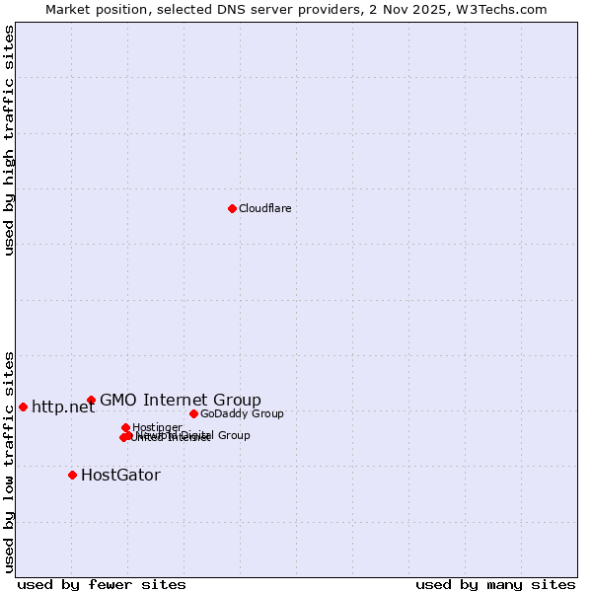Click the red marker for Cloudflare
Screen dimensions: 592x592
[x=232, y=208]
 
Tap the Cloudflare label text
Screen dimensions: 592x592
[x=264, y=208]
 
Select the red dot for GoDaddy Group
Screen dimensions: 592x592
[x=193, y=413]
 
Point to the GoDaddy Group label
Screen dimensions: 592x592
[x=242, y=413]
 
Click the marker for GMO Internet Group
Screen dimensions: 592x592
[x=91, y=400]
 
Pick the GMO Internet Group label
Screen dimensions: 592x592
[x=181, y=400]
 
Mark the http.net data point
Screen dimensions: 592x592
[x=23, y=407]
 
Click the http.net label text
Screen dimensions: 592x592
[x=63, y=407]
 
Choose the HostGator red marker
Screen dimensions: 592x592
[x=72, y=475]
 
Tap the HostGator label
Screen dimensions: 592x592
[x=120, y=475]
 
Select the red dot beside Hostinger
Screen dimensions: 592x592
[x=125, y=427]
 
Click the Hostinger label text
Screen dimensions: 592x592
[x=157, y=427]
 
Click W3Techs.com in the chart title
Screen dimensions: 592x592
[x=511, y=9]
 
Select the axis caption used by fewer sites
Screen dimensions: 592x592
[x=102, y=584]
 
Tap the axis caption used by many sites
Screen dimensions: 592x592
[x=495, y=584]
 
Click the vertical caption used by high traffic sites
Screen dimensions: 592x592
[x=9, y=140]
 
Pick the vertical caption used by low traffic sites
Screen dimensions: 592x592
[x=9, y=461]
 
